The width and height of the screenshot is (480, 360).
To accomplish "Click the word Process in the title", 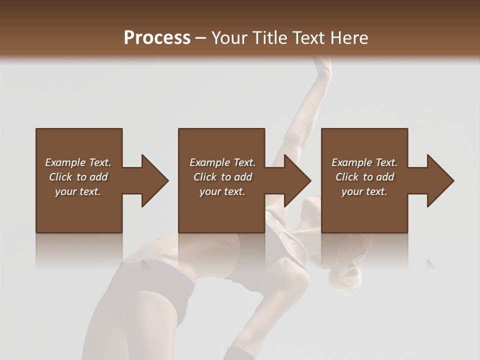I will [157, 37].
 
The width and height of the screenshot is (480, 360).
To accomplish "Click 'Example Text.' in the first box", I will [78, 162].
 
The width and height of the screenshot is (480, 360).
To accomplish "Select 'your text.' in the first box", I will [78, 191].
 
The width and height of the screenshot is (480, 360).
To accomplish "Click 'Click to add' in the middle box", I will [222, 177].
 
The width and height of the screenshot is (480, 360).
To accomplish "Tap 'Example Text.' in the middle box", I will [222, 162].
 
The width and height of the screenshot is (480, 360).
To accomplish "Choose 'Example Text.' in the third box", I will [364, 162].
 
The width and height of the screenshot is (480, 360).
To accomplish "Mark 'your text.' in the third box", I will [364, 191].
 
